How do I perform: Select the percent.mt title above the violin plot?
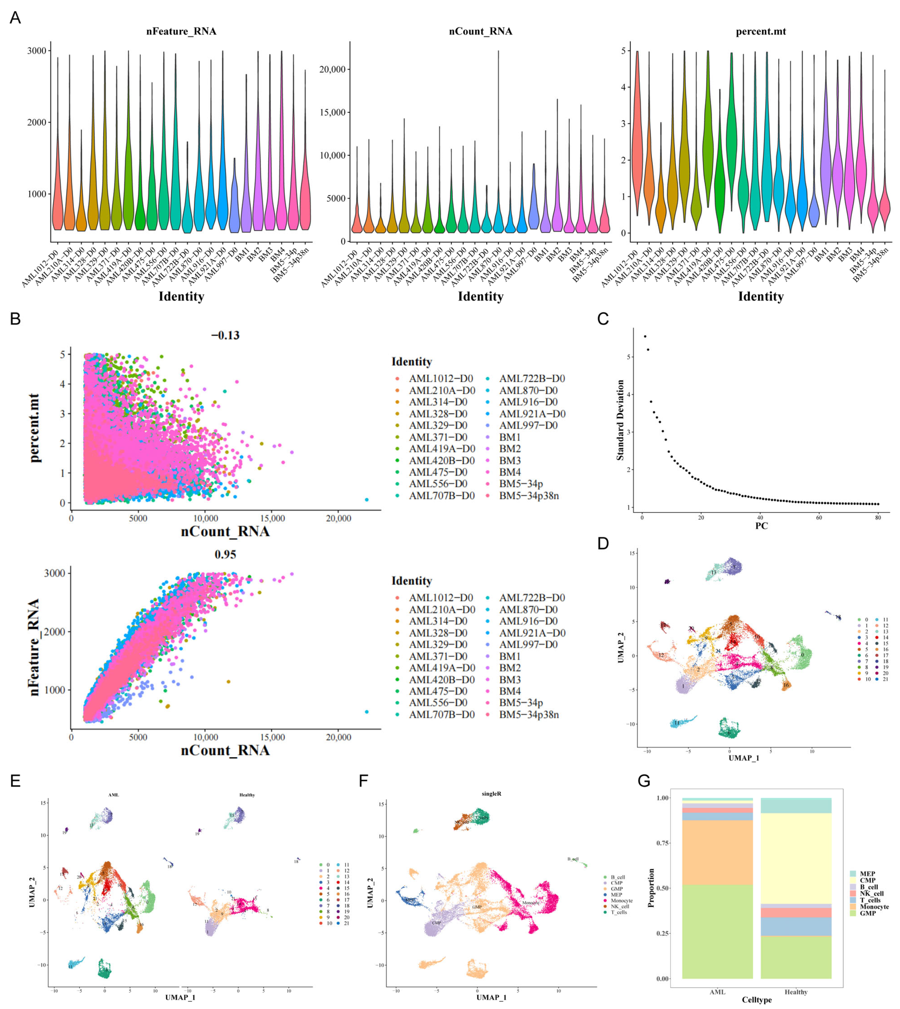[761, 32]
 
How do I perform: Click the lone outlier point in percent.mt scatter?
[366, 500]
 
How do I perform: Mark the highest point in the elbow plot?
[645, 337]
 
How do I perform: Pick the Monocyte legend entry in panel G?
[874, 907]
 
